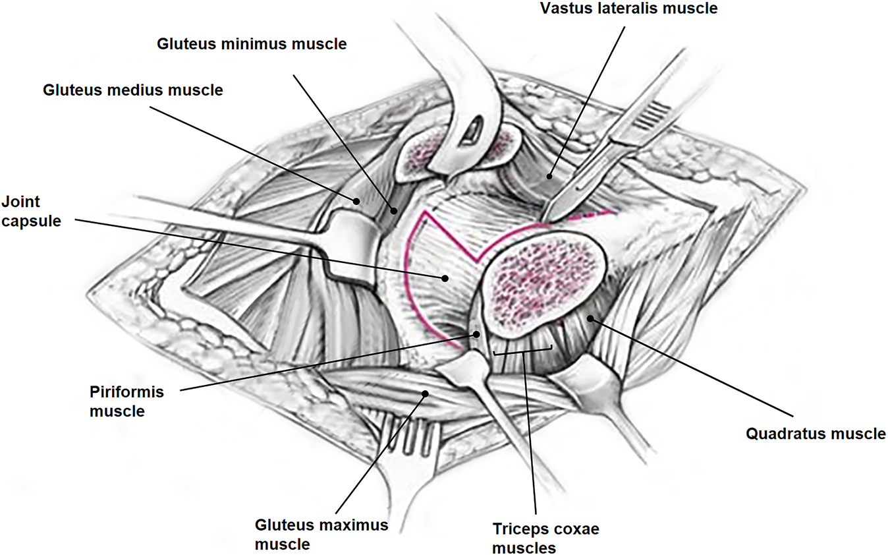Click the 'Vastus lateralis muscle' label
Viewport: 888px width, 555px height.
pos(628,9)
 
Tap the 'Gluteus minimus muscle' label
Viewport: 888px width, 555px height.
pos(251,45)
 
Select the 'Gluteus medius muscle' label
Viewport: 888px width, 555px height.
pos(133,90)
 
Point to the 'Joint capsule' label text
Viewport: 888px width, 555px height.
pos(31,211)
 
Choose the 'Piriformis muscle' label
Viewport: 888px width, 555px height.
pos(126,401)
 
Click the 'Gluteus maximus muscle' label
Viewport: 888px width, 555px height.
pos(321,535)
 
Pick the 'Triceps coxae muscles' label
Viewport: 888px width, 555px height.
pos(546,538)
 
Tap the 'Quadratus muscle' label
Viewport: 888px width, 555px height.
pos(816,434)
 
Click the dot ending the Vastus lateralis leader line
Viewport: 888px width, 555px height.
pos(549,176)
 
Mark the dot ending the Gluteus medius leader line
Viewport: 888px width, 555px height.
pos(356,200)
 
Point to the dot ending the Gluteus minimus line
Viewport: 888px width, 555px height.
pos(394,211)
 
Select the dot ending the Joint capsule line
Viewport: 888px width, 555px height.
pos(446,278)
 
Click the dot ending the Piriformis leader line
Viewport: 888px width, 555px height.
pos(474,335)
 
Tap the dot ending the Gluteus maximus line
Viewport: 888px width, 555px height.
pos(426,394)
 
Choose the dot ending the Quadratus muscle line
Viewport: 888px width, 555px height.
pos(590,318)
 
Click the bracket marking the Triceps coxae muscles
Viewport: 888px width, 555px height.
pos(523,352)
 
